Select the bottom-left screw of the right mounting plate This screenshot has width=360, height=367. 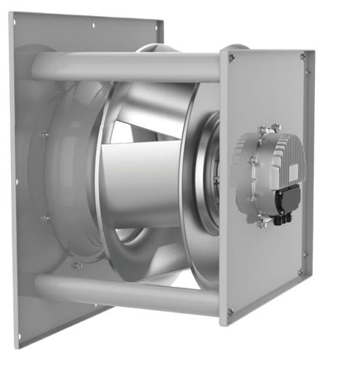click(x=231, y=312)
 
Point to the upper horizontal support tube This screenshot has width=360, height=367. click(x=131, y=66)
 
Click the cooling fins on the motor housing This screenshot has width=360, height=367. click(x=291, y=157)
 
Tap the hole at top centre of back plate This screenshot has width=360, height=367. click(x=94, y=25)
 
